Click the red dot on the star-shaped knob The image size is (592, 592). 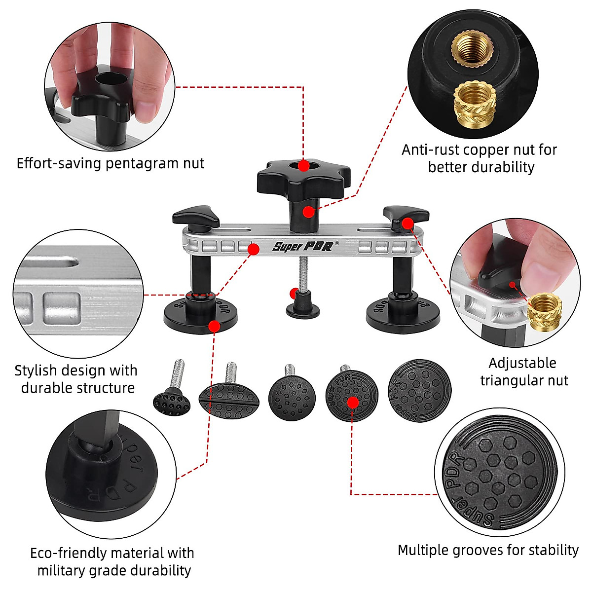304,166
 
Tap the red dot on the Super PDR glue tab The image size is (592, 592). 353,403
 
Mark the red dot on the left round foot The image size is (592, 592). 214,326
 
